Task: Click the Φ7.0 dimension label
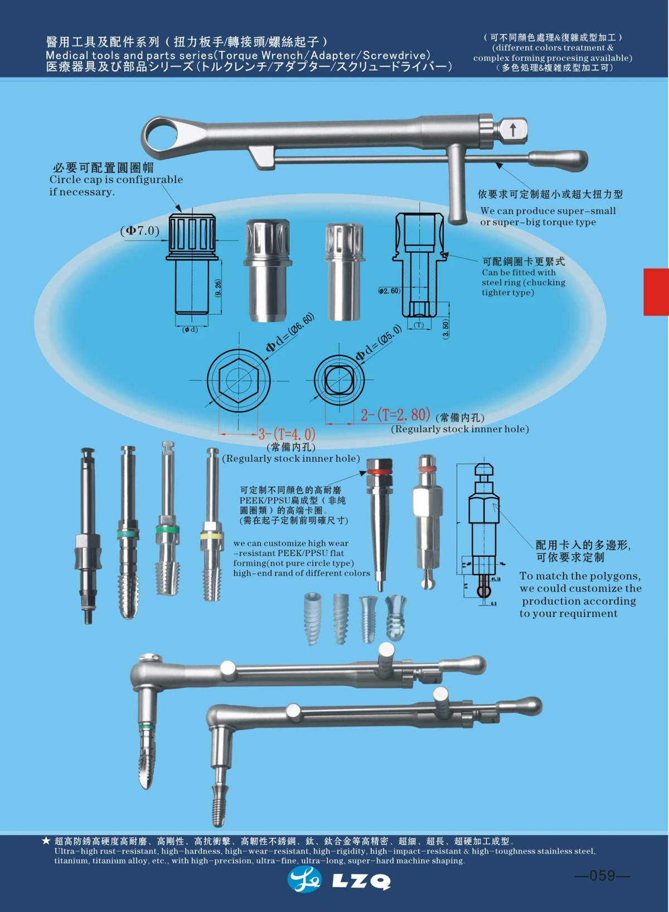[x=140, y=231]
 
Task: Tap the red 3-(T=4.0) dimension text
[x=287, y=434]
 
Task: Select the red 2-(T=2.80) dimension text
[x=395, y=415]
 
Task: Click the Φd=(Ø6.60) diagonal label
[x=290, y=333]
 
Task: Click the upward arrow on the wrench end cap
[x=513, y=130]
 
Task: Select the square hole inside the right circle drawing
[x=338, y=381]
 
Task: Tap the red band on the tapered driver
[x=380, y=472]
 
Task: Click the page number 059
[x=602, y=876]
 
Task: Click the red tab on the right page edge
[x=656, y=292]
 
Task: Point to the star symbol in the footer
[x=46, y=841]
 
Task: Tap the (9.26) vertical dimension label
[x=218, y=288]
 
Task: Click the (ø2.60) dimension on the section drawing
[x=389, y=291]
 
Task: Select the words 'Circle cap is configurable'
[x=116, y=180]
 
